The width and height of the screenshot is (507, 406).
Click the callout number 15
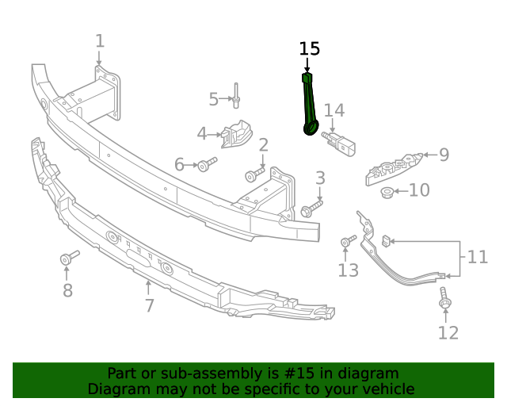point(310,48)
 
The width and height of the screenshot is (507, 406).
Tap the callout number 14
point(334,110)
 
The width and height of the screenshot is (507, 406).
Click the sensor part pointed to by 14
point(341,144)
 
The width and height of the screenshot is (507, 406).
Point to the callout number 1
point(100,40)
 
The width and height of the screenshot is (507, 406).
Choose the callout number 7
point(150,305)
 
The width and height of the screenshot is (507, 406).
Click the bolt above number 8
point(70,259)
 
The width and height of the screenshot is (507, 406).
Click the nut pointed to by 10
point(387,191)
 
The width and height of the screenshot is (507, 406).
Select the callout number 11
point(478,257)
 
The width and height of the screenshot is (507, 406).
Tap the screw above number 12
point(444,301)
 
